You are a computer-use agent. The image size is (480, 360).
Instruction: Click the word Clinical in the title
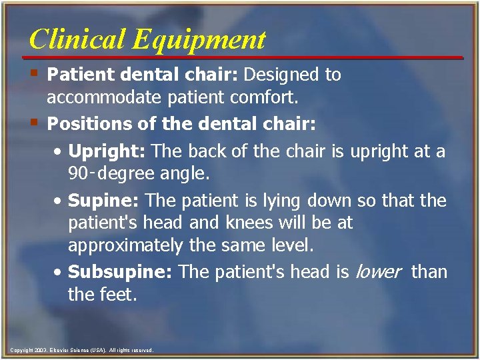click(x=77, y=39)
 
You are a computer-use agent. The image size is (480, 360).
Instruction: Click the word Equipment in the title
click(x=199, y=41)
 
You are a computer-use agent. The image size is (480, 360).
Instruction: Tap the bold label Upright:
click(x=107, y=152)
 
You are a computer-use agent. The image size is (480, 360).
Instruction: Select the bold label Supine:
click(x=104, y=200)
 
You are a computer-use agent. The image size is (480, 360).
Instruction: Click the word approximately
click(x=125, y=245)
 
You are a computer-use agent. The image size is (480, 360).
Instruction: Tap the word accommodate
click(x=103, y=98)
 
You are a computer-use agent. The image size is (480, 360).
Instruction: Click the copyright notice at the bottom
click(x=82, y=350)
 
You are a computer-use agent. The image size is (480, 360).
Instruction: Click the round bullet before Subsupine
click(x=59, y=272)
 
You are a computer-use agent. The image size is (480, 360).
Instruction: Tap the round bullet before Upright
click(x=59, y=152)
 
